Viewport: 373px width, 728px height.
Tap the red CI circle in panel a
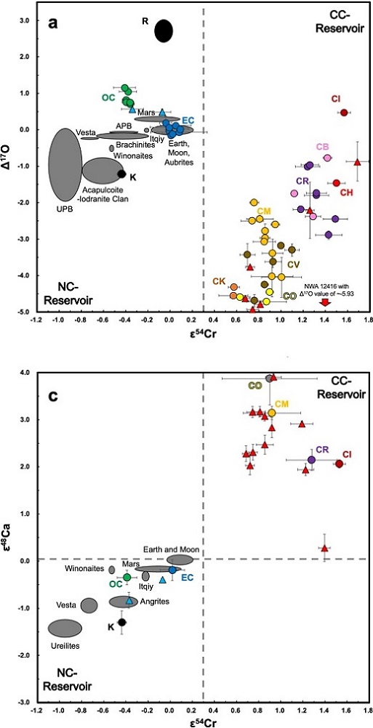coord(345,113)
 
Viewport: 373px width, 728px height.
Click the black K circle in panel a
coord(121,174)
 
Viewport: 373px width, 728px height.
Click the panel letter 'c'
coord(53,384)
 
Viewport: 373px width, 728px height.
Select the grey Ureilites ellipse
coord(65,627)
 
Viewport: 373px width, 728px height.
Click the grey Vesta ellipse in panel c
coord(89,605)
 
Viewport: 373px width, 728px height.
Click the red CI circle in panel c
coord(339,464)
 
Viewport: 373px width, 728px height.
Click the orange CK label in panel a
coord(220,280)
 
